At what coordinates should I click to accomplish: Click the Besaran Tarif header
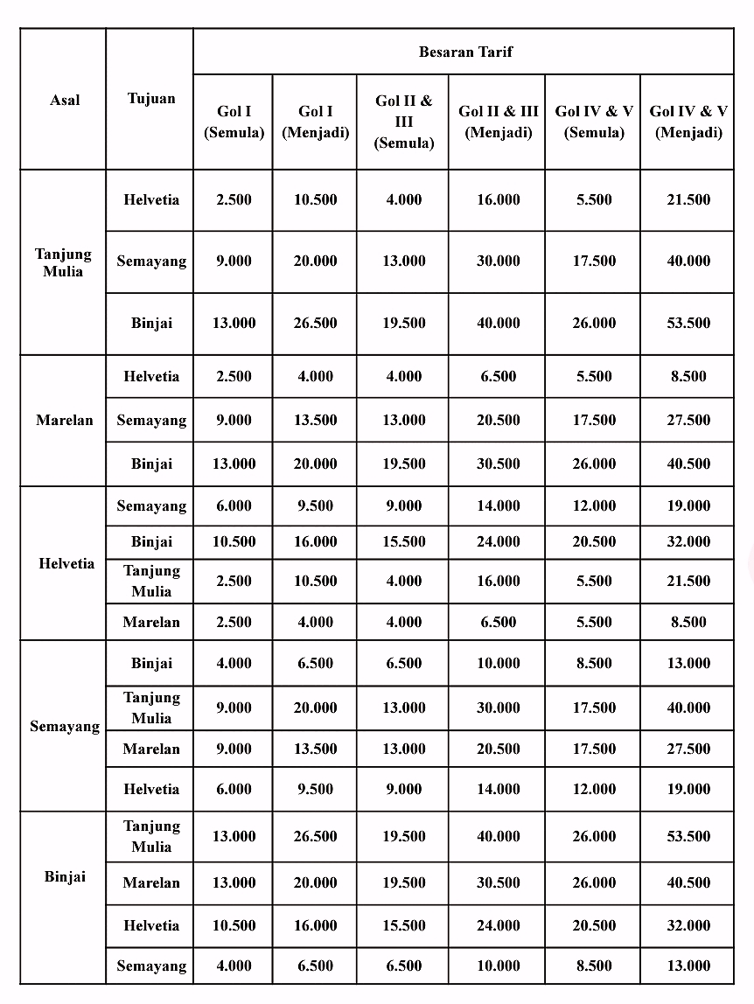pos(464,52)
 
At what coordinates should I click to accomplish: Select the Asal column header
pos(65,100)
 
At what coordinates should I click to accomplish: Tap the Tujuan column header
pos(150,99)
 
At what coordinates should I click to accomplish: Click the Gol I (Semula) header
pos(234,122)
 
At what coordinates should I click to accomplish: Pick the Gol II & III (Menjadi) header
pos(498,122)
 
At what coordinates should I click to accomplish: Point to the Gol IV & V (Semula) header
pos(594,122)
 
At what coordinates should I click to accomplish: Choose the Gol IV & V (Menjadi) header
pos(688,122)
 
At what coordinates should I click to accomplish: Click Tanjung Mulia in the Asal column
pos(63,262)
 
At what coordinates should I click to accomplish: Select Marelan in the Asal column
pos(64,420)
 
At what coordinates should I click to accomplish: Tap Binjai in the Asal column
pos(65,876)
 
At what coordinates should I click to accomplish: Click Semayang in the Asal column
pos(65,726)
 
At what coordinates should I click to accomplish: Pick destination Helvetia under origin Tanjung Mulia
pos(150,199)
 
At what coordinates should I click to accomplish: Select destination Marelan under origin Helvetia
pos(150,622)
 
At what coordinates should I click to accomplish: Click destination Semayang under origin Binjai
pos(150,966)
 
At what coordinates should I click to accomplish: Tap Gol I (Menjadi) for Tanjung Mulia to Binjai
pos(315,323)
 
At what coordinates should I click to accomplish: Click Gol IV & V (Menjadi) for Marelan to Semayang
pos(688,420)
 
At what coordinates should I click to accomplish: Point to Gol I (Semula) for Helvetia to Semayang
pos(234,505)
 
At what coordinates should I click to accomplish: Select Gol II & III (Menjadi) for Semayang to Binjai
pos(498,663)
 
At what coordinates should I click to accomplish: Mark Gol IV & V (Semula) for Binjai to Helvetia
pos(594,925)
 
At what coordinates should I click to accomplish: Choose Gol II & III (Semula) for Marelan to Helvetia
pos(403,376)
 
